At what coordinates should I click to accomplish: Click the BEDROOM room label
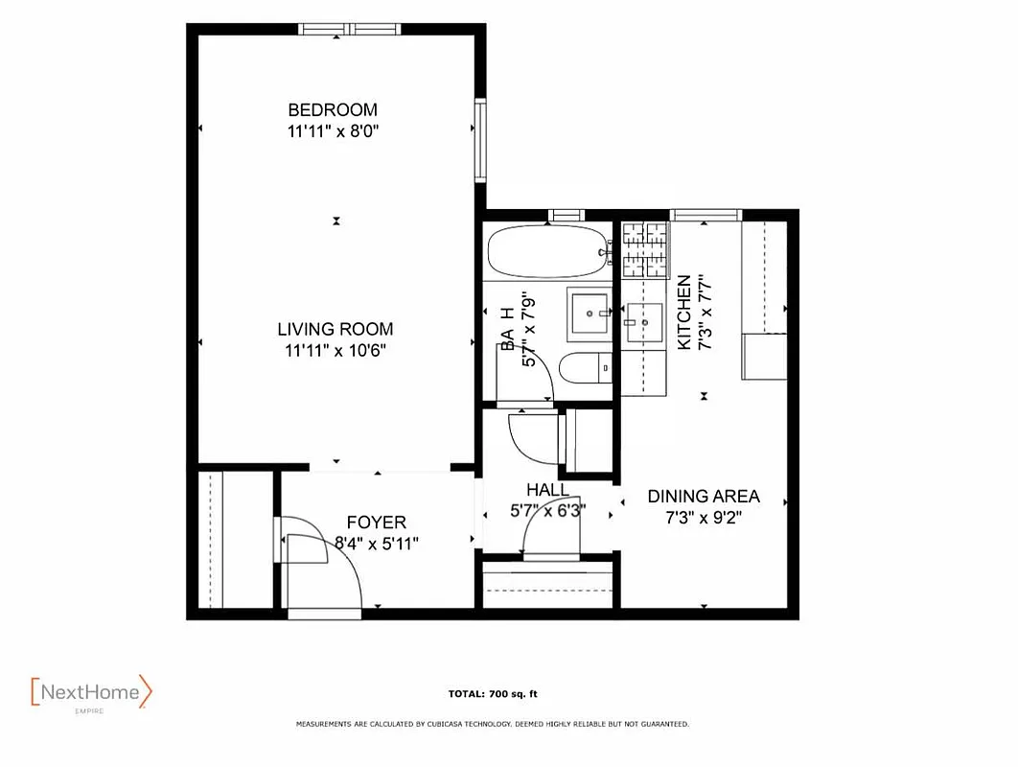point(333,109)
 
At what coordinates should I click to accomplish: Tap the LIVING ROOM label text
point(335,330)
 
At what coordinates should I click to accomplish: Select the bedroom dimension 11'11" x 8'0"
point(333,132)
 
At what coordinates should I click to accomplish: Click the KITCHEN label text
point(683,313)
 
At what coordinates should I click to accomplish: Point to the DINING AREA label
point(704,496)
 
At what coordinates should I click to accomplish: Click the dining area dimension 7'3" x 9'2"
point(704,518)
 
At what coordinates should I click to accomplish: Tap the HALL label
point(546,490)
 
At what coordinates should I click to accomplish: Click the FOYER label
point(376,523)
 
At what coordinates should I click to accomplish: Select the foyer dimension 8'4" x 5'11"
point(376,543)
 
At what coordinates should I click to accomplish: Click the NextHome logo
point(91,691)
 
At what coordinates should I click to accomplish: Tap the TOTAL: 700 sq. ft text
point(498,693)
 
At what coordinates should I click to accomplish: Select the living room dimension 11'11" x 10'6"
point(335,352)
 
